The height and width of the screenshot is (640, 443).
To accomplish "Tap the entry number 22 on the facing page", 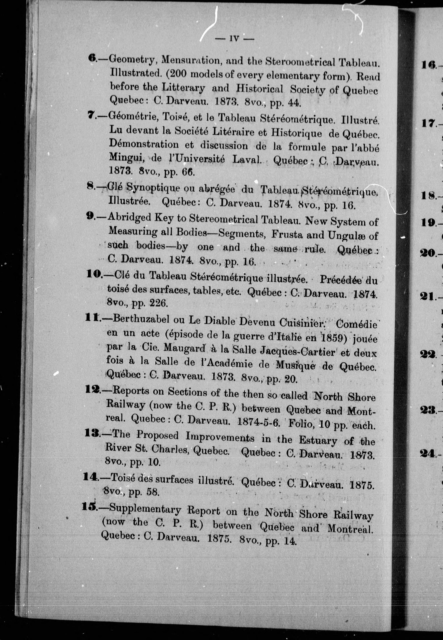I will coord(428,354).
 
